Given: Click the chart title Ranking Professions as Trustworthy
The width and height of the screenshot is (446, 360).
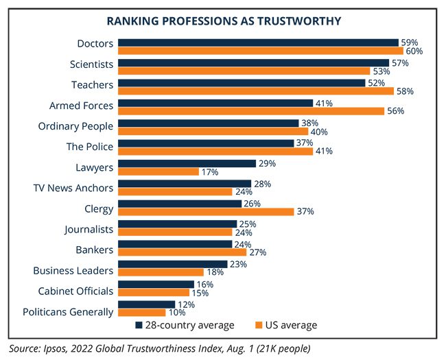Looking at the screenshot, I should (223, 21).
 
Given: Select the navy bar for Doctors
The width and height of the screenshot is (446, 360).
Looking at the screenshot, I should (258, 43).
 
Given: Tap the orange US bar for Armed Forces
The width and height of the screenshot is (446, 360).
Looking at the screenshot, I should (250, 110).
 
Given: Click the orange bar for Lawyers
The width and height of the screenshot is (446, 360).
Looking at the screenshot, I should (159, 171).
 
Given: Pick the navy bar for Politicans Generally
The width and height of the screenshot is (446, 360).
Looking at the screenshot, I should (147, 304).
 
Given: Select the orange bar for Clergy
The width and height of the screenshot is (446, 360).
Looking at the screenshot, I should (206, 212).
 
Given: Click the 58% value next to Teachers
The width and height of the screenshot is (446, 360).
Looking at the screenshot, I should (404, 91).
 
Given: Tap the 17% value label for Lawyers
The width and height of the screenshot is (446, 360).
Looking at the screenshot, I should (210, 172).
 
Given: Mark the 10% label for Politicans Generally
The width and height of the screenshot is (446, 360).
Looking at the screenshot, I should (177, 313).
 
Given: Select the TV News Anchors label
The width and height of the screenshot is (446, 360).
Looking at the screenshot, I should (73, 188).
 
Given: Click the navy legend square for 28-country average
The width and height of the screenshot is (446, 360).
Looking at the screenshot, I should (138, 325).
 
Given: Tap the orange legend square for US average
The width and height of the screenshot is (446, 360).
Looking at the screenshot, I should (259, 325).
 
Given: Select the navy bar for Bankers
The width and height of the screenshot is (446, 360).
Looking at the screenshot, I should (175, 243).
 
